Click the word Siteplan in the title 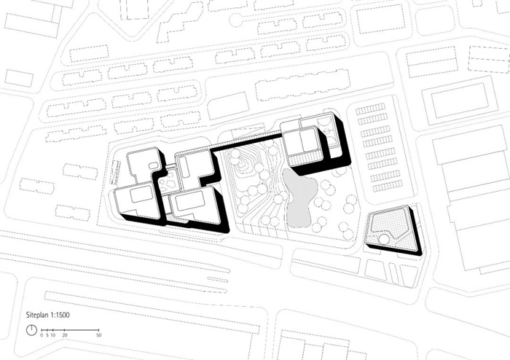tap(37, 315)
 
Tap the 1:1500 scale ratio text tap(60, 315)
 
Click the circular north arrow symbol tap(31, 330)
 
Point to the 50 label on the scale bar tap(98, 335)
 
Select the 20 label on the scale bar tap(65, 335)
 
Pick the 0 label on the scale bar tap(42, 335)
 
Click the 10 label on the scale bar tap(52, 335)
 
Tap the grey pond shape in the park tap(299, 197)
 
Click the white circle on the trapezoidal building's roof tap(385, 239)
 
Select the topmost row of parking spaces tap(370, 109)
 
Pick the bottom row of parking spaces tap(388, 186)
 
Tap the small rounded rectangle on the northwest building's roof tap(153, 166)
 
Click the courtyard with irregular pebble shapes tap(168, 182)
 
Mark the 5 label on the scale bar tap(47, 335)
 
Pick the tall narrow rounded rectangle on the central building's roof tap(185, 166)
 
